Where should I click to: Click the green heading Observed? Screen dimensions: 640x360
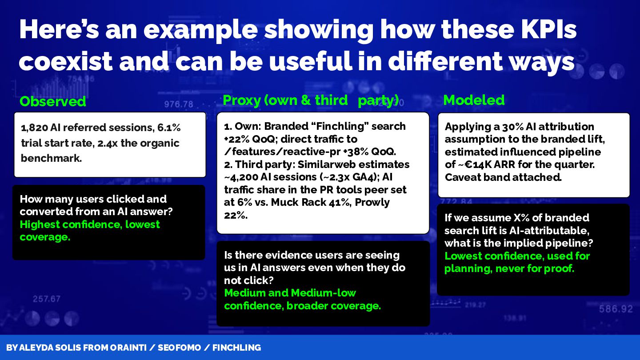(52, 101)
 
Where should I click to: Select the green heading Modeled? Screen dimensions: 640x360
(474, 100)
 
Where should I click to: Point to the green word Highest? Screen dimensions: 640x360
(40, 224)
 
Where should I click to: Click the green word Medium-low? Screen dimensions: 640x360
(323, 293)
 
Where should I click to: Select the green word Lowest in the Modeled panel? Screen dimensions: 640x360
(463, 256)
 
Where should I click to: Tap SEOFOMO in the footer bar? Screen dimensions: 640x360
(180, 348)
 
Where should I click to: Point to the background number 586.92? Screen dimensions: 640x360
(616, 309)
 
